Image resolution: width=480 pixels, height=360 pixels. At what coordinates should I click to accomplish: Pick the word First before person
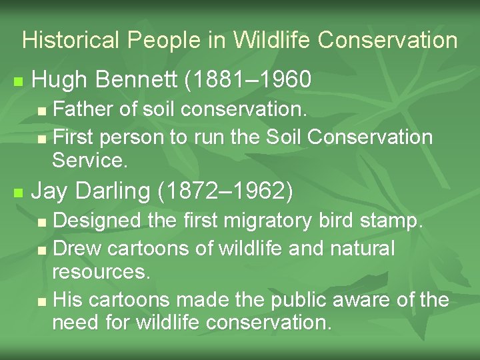72,137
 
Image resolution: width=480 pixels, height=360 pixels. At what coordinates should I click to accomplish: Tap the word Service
89,161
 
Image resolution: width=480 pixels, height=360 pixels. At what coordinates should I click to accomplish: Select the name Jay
50,191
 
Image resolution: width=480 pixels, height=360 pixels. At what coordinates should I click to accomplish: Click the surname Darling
113,191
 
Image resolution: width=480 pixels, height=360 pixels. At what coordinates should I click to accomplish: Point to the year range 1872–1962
226,191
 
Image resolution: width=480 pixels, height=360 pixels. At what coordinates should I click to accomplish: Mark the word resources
101,272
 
